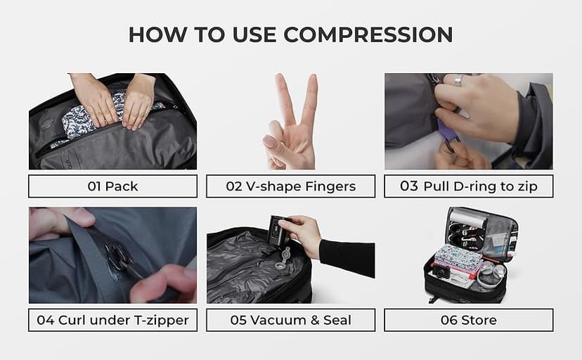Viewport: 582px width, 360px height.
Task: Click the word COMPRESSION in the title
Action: tap(368, 34)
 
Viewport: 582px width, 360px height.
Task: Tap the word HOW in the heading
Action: tap(157, 34)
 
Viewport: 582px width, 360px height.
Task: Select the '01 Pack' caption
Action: tap(113, 186)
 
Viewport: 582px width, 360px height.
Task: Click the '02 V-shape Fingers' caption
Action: tap(290, 186)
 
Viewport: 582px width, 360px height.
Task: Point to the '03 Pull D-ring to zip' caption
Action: tap(468, 186)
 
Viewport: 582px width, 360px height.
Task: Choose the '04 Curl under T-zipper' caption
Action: tap(113, 320)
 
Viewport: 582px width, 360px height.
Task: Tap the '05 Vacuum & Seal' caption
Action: tap(290, 320)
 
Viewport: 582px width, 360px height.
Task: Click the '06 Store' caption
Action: tap(468, 320)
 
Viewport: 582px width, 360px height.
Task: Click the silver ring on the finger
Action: tap(459, 79)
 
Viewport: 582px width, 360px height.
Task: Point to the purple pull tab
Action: tap(446, 130)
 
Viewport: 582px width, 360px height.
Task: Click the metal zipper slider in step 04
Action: tap(119, 256)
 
